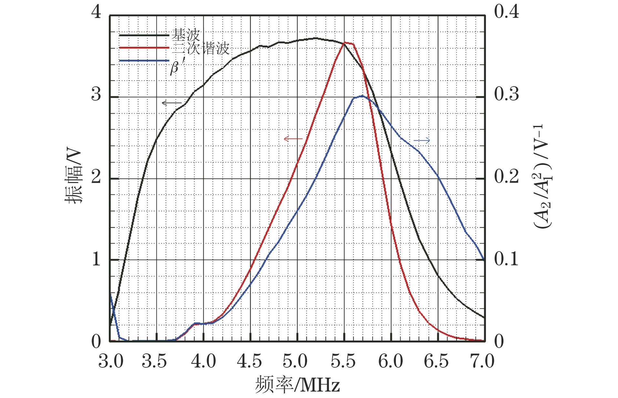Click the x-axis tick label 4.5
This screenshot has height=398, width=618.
pos(249,361)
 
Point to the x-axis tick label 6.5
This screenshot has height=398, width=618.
pos(436,361)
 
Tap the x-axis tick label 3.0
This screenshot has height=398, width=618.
pos(111,361)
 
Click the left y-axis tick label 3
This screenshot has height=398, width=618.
pos(96,94)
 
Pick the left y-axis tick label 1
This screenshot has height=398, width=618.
pos(96,259)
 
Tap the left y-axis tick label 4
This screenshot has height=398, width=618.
pos(96,12)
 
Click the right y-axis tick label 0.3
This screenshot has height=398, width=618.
pos(506,94)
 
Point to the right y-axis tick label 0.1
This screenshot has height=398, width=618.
pos(506,259)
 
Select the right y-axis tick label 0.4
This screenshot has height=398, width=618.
pos(506,12)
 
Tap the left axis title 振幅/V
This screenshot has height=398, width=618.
pos(74,176)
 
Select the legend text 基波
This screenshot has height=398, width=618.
pos(186,34)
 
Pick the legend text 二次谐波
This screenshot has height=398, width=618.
pos(201,48)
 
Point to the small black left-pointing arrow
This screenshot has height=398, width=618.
pos(171,103)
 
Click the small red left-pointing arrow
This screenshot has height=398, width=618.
pos(293,139)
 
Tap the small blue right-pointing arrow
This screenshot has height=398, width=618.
pos(422,140)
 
